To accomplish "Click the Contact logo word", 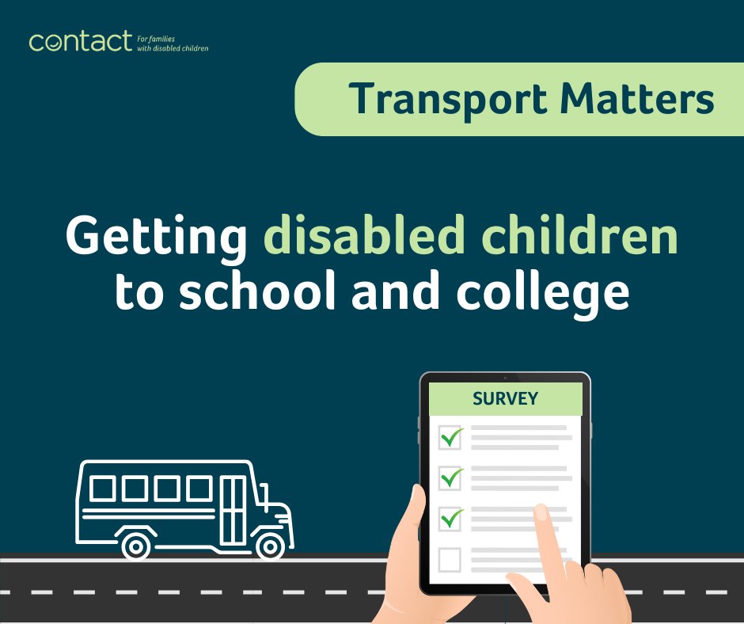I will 80,40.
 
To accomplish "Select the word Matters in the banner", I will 637,99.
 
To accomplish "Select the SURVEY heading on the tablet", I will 505,398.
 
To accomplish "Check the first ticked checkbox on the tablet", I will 450,436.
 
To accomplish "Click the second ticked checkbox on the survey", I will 450,478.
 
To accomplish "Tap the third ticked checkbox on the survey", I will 450,519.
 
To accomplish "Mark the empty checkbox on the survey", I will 450,560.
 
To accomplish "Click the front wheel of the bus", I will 271,546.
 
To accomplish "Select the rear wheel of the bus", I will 136,546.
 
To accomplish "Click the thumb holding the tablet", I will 416,507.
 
